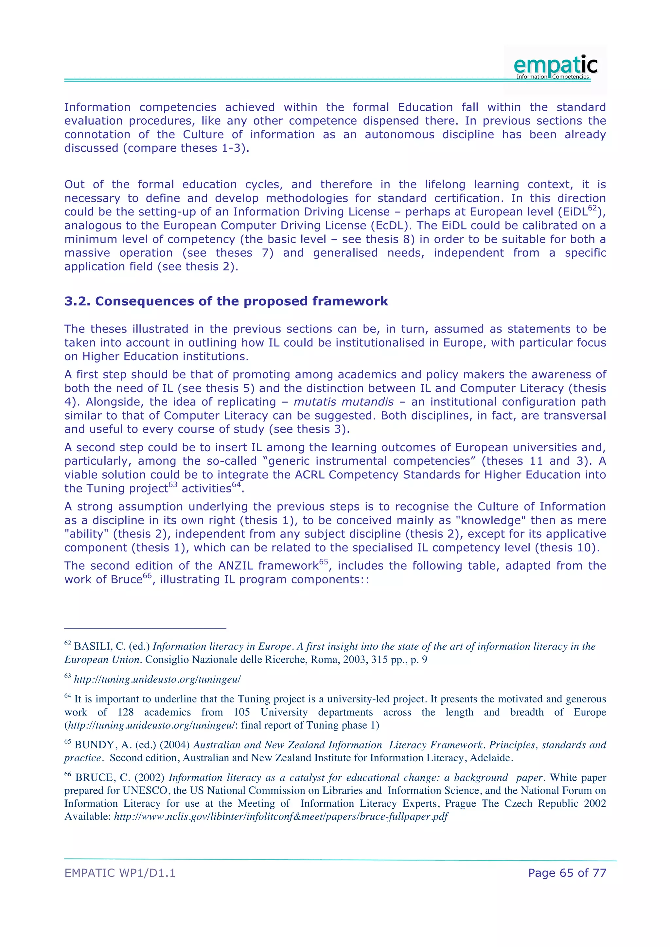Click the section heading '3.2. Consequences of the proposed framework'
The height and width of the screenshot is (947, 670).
click(226, 301)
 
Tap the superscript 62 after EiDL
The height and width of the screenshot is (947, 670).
click(592, 208)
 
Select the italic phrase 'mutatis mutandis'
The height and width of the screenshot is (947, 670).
click(343, 402)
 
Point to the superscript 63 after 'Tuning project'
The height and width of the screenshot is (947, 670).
click(173, 485)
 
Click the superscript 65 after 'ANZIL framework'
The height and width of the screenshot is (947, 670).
click(324, 562)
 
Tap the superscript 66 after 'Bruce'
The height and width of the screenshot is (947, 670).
click(147, 576)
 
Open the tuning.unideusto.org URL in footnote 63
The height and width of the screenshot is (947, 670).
click(157, 679)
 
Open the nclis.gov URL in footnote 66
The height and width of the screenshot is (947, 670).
click(281, 817)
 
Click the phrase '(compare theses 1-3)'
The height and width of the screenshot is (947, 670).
click(185, 148)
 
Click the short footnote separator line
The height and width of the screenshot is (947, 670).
click(145, 628)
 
